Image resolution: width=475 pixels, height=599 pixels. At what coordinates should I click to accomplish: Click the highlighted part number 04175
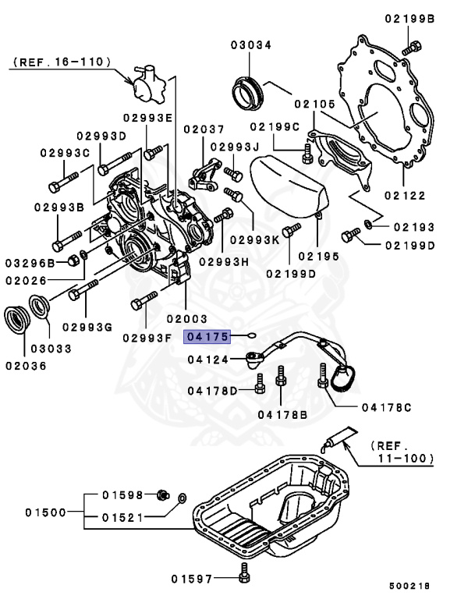pos(206,337)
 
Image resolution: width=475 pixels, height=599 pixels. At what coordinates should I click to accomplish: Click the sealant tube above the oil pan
pos(337,438)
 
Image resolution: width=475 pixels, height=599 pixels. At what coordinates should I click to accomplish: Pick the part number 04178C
pos(385,407)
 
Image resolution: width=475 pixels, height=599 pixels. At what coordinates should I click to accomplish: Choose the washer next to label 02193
pos(367,226)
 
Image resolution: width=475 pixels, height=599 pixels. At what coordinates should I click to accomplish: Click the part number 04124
pos(207,360)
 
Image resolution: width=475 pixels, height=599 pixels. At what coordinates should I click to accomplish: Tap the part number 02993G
pos(87,326)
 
